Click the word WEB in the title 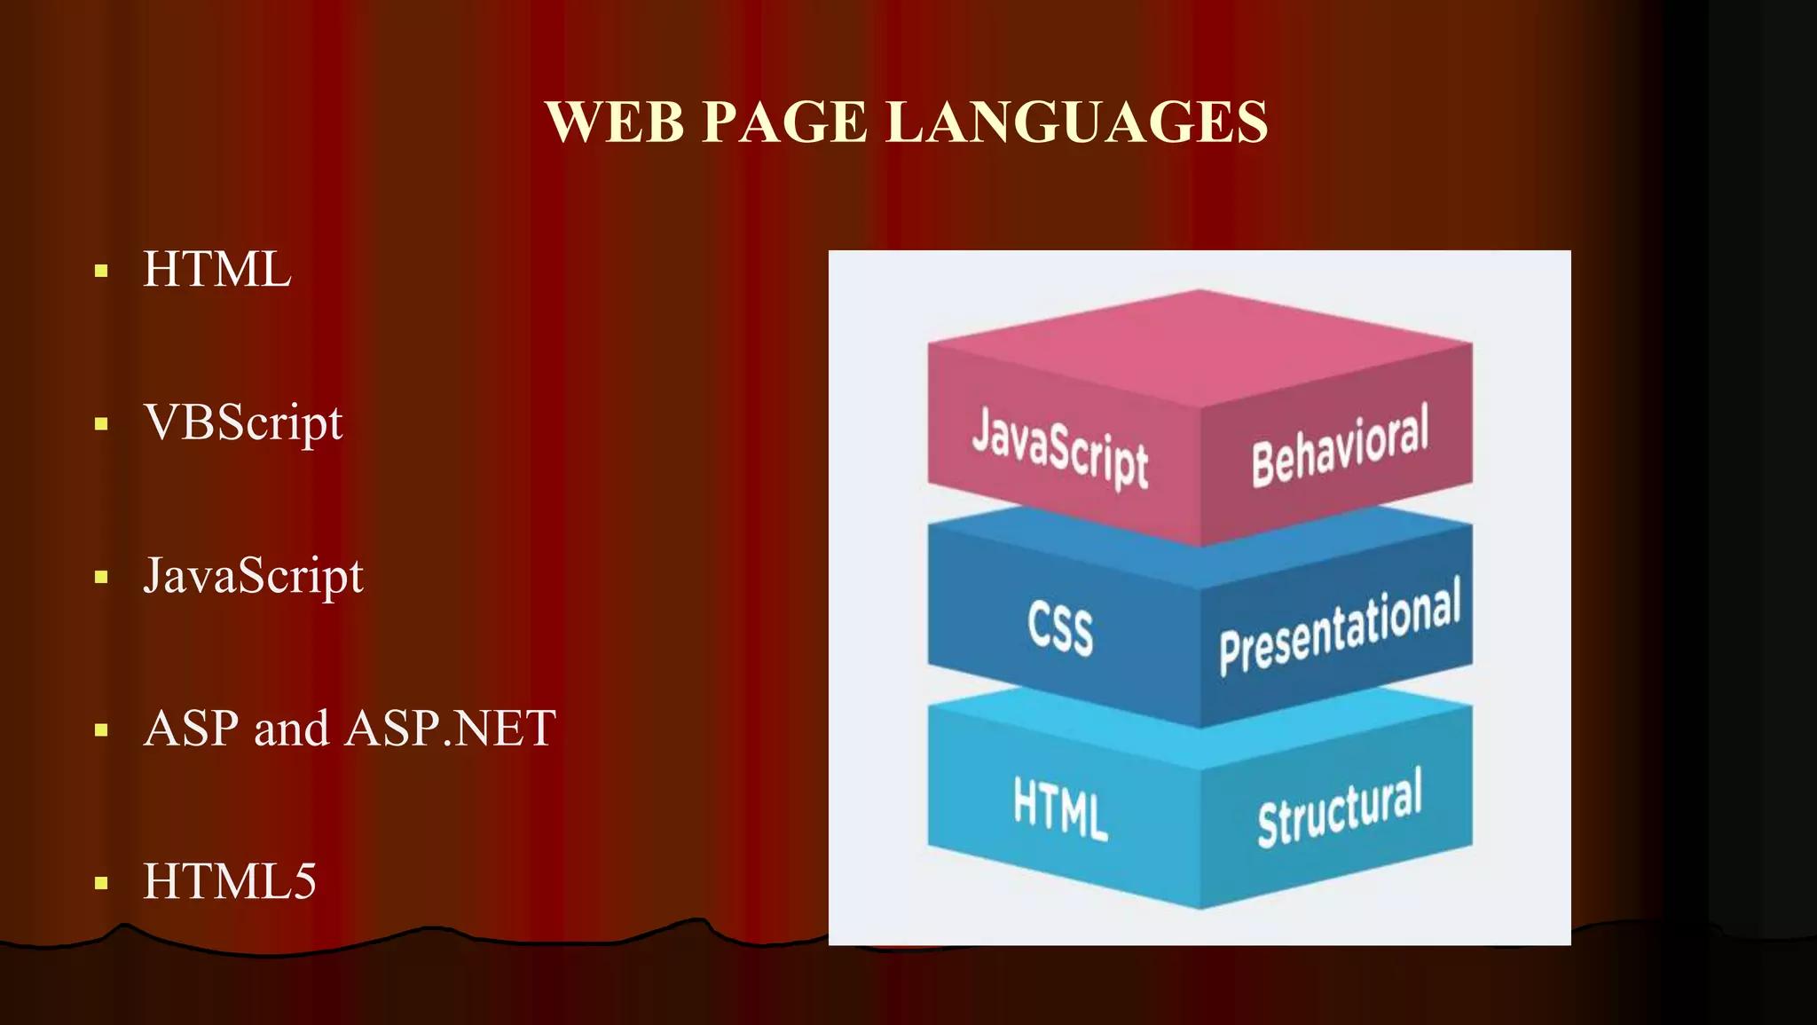pyautogui.click(x=616, y=122)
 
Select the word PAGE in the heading pyautogui.click(x=784, y=122)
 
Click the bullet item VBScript pyautogui.click(x=243, y=422)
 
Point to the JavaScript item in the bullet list pyautogui.click(x=253, y=576)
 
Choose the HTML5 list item pyautogui.click(x=230, y=881)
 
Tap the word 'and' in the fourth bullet pyautogui.click(x=291, y=729)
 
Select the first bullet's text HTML pyautogui.click(x=217, y=269)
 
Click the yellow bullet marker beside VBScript pyautogui.click(x=101, y=424)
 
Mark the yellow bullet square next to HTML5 pyautogui.click(x=101, y=883)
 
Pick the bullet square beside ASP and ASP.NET pyautogui.click(x=101, y=730)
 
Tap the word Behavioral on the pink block pyautogui.click(x=1340, y=445)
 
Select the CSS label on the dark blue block pyautogui.click(x=1060, y=627)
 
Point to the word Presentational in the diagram pyautogui.click(x=1340, y=627)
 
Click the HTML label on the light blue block pyautogui.click(x=1060, y=808)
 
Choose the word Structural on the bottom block pyautogui.click(x=1340, y=808)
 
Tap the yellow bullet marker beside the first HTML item pyautogui.click(x=101, y=271)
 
